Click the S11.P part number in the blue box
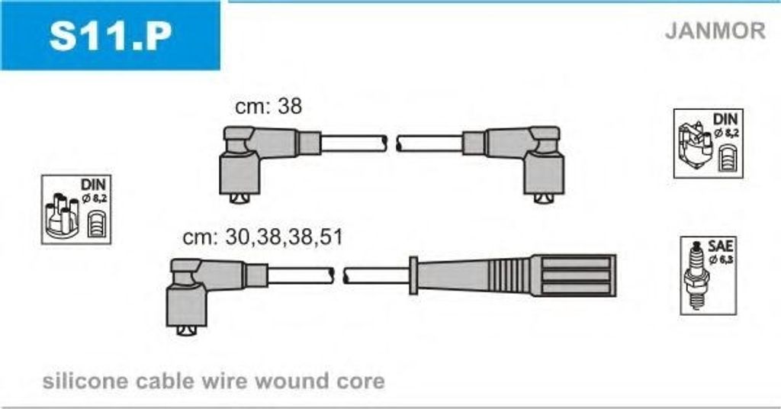pos(111,35)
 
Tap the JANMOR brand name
pos(715,31)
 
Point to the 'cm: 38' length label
pos(268,106)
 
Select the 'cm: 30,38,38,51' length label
pos(263,237)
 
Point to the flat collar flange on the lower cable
pos(413,275)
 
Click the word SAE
pos(720,246)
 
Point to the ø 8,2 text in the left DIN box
pos(95,198)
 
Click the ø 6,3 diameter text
pos(722,259)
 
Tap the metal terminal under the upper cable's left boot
pos(239,198)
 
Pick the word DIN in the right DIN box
pos(725,120)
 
